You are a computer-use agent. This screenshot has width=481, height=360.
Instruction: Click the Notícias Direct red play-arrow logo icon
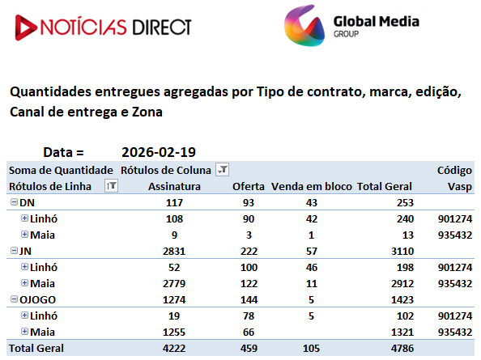tap(26, 28)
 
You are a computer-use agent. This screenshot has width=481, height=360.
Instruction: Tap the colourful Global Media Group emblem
tap(304, 26)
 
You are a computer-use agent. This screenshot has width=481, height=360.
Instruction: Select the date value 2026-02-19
tap(159, 152)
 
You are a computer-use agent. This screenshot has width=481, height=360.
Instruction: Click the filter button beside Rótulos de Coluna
tap(223, 169)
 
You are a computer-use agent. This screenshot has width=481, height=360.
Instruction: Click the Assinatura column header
tap(174, 186)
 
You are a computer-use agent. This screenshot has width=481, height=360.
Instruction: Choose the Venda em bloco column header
tap(312, 186)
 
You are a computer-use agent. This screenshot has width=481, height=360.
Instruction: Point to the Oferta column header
tap(249, 186)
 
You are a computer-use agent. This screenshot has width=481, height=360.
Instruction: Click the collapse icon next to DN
tap(14, 202)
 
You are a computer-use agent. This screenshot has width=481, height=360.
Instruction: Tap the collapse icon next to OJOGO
tap(14, 299)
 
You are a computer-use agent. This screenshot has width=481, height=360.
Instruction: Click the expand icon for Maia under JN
tap(24, 283)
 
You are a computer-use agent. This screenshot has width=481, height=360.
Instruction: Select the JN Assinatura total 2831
tap(174, 252)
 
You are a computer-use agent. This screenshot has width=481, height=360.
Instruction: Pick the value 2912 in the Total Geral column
tap(402, 284)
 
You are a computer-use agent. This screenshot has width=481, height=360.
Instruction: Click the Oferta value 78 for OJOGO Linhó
tap(249, 316)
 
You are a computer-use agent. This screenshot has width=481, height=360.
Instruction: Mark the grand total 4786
tap(402, 349)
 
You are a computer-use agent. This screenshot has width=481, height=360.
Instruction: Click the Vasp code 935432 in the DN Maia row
tap(455, 235)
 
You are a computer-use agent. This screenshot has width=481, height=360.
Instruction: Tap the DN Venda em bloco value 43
tap(312, 203)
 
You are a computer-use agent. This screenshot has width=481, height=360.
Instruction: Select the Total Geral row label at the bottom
tap(36, 349)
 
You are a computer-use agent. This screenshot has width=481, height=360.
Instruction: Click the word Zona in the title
tap(147, 112)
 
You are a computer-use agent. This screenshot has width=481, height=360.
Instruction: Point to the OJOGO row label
tap(37, 299)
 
